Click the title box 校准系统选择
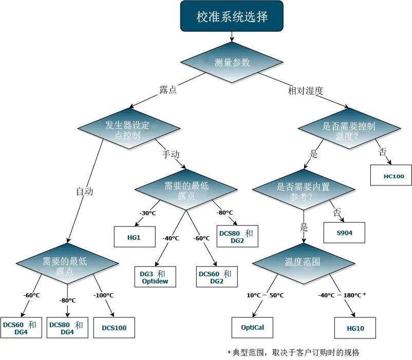[232, 16]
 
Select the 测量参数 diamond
[232, 62]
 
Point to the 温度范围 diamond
[303, 261]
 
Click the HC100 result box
[394, 176]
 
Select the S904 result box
[344, 233]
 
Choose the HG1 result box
[134, 237]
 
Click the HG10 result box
[354, 328]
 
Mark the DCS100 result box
[114, 328]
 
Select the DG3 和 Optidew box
[155, 277]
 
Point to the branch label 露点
[168, 90]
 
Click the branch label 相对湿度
[305, 91]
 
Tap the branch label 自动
[84, 192]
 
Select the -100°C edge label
[103, 295]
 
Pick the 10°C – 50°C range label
[265, 295]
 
